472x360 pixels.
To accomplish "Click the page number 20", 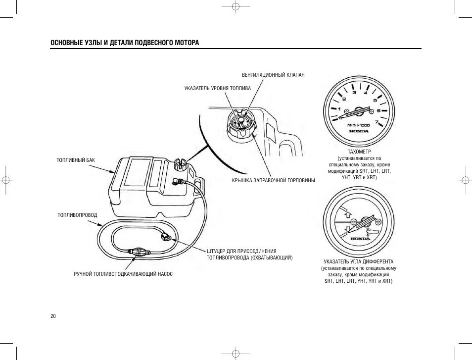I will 53,316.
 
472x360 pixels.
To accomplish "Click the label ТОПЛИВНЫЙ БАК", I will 76,160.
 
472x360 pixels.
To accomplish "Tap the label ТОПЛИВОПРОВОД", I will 78,215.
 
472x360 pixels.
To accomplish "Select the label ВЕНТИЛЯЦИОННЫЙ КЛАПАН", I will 273,75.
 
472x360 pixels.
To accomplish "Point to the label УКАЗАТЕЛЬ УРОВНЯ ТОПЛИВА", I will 218,88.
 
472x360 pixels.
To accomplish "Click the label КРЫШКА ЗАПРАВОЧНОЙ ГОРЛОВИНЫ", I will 273,180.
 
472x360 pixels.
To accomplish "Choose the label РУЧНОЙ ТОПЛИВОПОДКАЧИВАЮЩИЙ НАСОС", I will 123,274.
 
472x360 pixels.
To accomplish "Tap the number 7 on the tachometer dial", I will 377,122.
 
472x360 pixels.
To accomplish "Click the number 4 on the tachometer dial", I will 366,93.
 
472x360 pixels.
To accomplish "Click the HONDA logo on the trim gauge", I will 360,239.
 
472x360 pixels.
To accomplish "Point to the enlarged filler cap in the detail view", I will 240,125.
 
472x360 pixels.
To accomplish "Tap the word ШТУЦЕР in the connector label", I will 217,251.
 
